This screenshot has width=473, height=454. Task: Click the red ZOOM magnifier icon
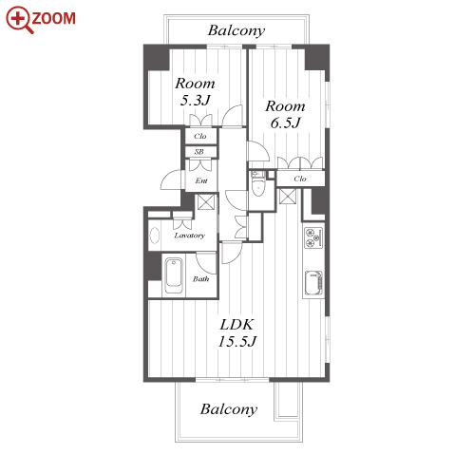(x=18, y=19)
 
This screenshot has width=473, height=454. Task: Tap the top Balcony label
(x=236, y=31)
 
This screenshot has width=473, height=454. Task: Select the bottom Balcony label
(x=229, y=409)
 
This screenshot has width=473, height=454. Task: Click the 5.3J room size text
(x=196, y=101)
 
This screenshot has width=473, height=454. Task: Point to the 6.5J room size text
(x=285, y=123)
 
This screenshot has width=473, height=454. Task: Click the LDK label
(x=237, y=325)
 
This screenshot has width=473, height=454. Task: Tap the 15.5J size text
(x=237, y=341)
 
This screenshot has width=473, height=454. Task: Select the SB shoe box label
(x=199, y=152)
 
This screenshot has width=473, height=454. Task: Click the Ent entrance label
(x=201, y=180)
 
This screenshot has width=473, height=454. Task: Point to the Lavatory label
(x=189, y=236)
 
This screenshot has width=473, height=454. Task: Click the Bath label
(x=201, y=279)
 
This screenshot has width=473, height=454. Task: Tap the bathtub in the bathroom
(x=174, y=276)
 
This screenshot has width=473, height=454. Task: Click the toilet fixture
(x=258, y=184)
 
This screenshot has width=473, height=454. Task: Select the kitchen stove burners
(x=313, y=237)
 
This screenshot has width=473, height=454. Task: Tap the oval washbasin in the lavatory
(x=155, y=236)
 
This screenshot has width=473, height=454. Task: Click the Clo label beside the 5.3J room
(x=200, y=137)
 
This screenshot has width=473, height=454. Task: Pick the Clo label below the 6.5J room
(x=300, y=179)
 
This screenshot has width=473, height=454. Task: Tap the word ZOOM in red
(x=53, y=18)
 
